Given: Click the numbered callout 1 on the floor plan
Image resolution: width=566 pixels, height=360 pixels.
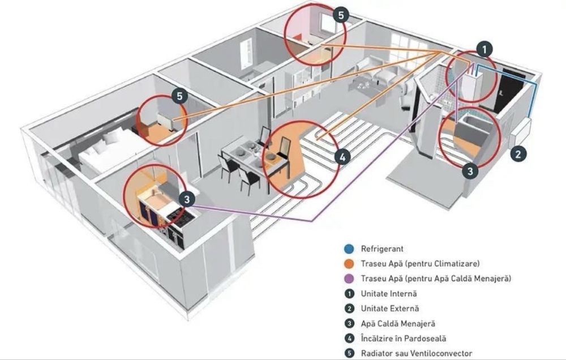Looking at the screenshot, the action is click(x=484, y=49).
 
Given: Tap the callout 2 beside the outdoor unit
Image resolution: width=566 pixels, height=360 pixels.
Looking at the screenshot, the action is click(x=518, y=154).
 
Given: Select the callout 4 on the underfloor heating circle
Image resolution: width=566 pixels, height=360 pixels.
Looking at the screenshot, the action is click(x=342, y=157).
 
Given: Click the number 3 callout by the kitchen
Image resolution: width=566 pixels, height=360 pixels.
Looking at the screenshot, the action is click(x=187, y=200).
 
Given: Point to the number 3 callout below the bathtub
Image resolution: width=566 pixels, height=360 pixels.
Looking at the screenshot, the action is click(x=470, y=170).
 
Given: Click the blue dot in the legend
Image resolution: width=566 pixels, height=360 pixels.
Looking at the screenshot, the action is click(x=349, y=249).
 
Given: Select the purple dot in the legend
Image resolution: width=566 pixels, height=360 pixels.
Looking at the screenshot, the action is click(x=349, y=278).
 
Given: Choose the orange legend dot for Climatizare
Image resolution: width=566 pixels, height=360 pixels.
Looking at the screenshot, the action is click(x=349, y=264).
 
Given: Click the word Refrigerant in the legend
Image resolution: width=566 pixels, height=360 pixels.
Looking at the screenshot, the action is click(x=382, y=249).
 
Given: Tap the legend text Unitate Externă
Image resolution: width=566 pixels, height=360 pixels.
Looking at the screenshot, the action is click(x=390, y=308).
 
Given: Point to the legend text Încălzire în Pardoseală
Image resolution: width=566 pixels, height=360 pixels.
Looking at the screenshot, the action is click(x=404, y=338).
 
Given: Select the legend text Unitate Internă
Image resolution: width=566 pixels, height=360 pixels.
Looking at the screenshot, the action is click(x=389, y=294).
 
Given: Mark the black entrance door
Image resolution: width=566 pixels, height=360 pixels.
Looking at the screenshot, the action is click(x=509, y=89).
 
